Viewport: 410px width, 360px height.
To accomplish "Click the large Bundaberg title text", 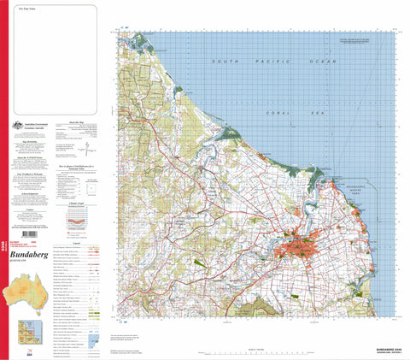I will pyautogui.click(x=32, y=254).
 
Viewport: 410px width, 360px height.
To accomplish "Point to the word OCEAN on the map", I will pyautogui.click(x=321, y=62).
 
